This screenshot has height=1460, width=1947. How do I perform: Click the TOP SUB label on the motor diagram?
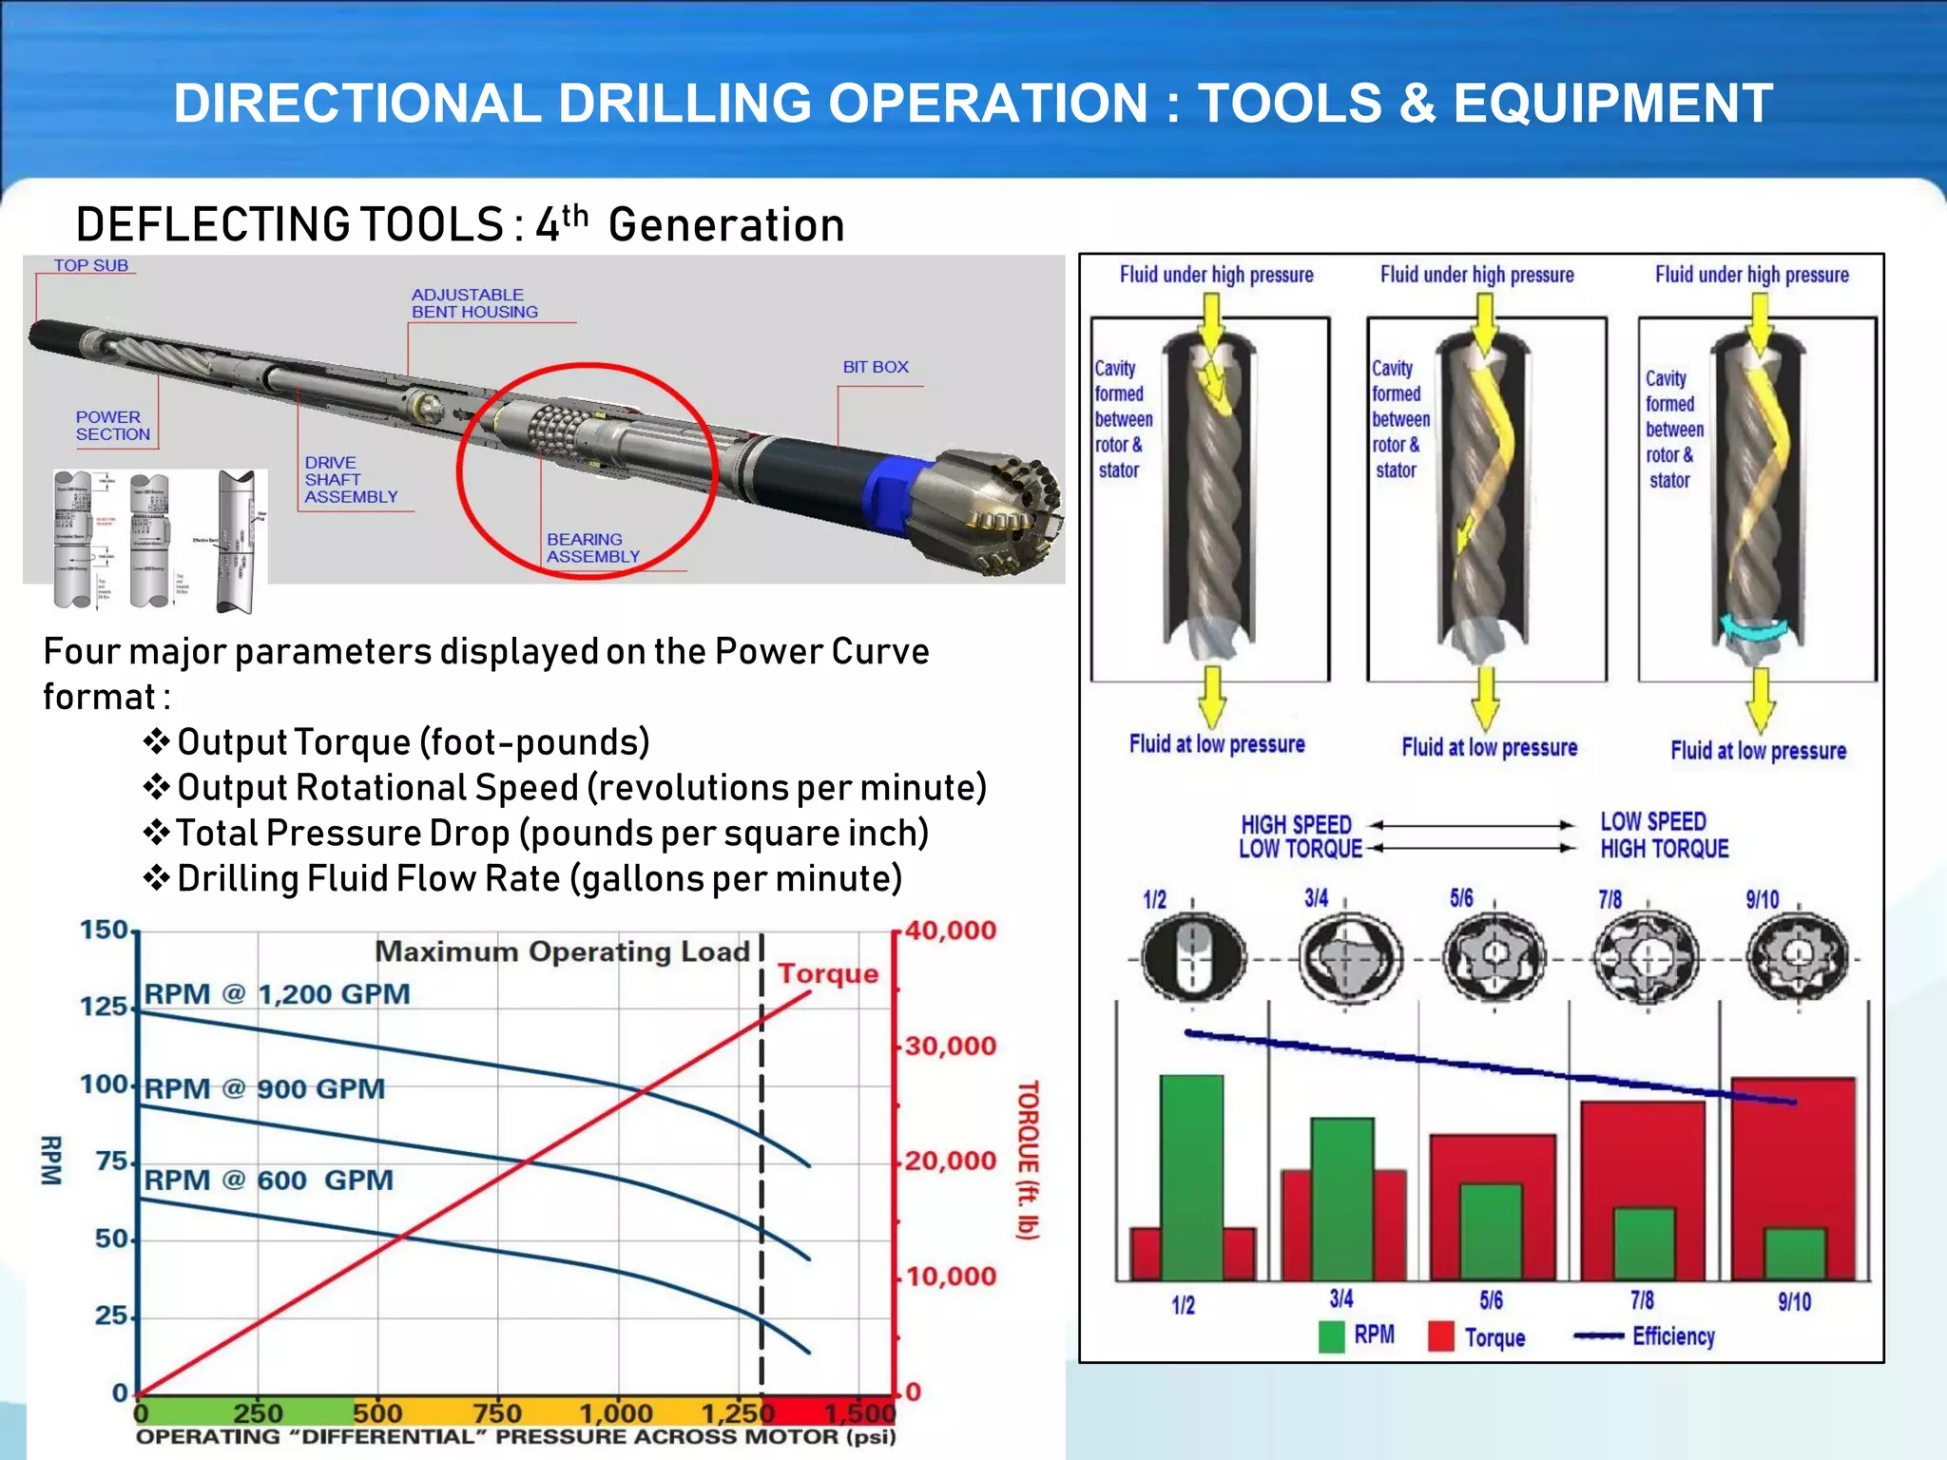click(90, 266)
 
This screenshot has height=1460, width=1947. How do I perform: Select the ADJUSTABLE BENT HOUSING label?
click(473, 303)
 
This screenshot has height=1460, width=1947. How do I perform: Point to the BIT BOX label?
click(875, 367)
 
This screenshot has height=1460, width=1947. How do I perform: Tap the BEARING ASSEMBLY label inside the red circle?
click(592, 547)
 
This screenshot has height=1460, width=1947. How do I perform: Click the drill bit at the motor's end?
click(998, 513)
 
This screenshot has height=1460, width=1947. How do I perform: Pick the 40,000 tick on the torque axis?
click(950, 931)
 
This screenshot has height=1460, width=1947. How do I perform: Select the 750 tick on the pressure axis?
click(497, 1413)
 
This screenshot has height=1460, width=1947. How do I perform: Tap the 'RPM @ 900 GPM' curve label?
click(264, 1088)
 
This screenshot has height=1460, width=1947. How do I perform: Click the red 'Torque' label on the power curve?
click(828, 973)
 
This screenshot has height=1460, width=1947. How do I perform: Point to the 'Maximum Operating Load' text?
click(562, 951)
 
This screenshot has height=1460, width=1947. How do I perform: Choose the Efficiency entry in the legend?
click(1672, 1336)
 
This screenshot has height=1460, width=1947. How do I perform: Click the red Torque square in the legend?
click(1440, 1336)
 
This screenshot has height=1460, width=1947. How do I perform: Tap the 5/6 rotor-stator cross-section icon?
click(1494, 957)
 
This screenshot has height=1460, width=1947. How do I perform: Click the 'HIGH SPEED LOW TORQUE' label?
click(1299, 836)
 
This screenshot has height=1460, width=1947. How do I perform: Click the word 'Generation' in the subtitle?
click(726, 225)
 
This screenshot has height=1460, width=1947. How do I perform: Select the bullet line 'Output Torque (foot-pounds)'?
click(413, 742)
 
